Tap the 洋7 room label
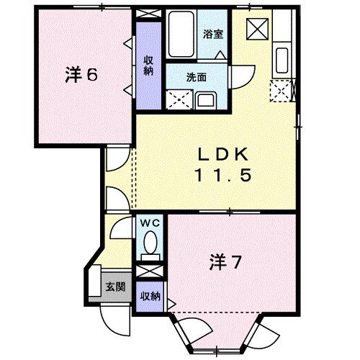click(225, 261)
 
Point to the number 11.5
click(223, 174)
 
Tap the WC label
click(149, 223)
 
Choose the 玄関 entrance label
click(116, 286)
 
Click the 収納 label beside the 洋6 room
click(148, 66)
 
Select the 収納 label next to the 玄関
click(150, 297)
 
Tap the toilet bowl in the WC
click(150, 248)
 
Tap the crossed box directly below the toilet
click(149, 272)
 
